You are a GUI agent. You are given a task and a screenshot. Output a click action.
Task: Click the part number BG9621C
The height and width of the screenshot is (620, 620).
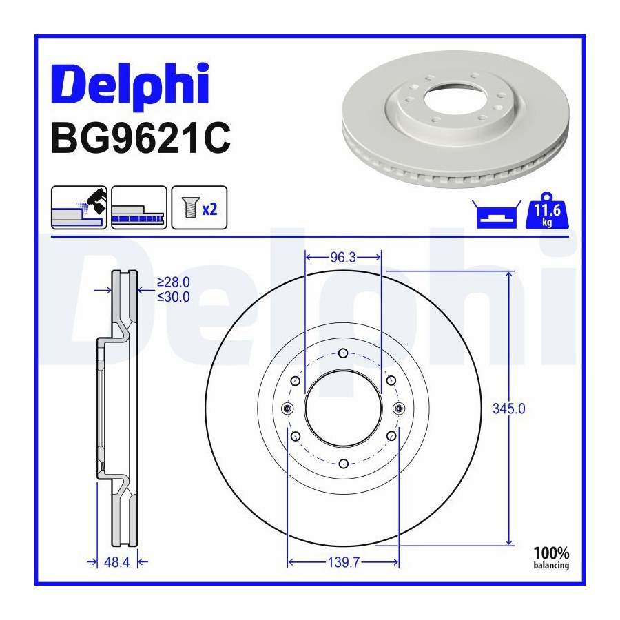tap(141, 138)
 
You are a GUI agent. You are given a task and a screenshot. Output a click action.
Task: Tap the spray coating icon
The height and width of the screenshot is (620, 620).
tap(79, 207)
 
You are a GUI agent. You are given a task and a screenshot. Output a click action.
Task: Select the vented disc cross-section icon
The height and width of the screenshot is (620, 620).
tap(139, 207)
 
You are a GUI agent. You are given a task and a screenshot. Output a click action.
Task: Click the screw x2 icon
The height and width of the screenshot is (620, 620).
tap(199, 207)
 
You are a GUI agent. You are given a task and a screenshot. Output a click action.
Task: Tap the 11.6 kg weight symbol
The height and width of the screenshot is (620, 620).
tap(547, 211)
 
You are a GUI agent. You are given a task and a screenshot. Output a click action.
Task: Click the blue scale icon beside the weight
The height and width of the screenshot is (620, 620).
tap(497, 214)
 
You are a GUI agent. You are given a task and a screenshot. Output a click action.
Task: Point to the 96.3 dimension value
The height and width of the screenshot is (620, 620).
tap(343, 258)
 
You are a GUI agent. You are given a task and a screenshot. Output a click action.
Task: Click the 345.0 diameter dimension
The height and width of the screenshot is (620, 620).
tap(509, 409)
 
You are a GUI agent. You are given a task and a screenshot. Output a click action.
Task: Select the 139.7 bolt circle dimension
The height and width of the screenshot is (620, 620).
tap(343, 562)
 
